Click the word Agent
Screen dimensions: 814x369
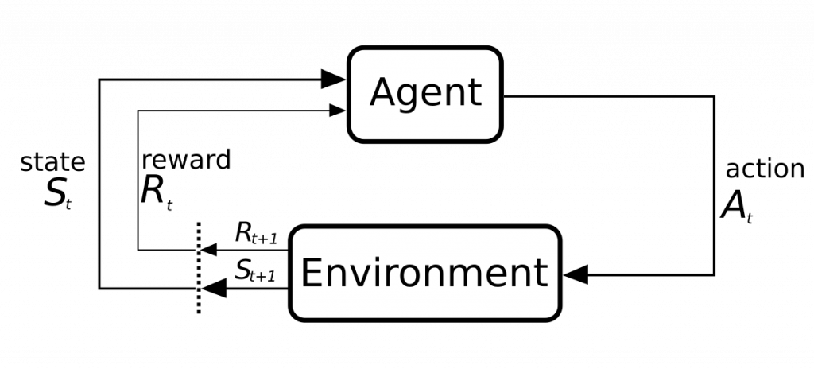(425, 93)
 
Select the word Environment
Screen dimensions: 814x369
(424, 273)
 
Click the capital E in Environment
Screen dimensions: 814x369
(311, 272)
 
